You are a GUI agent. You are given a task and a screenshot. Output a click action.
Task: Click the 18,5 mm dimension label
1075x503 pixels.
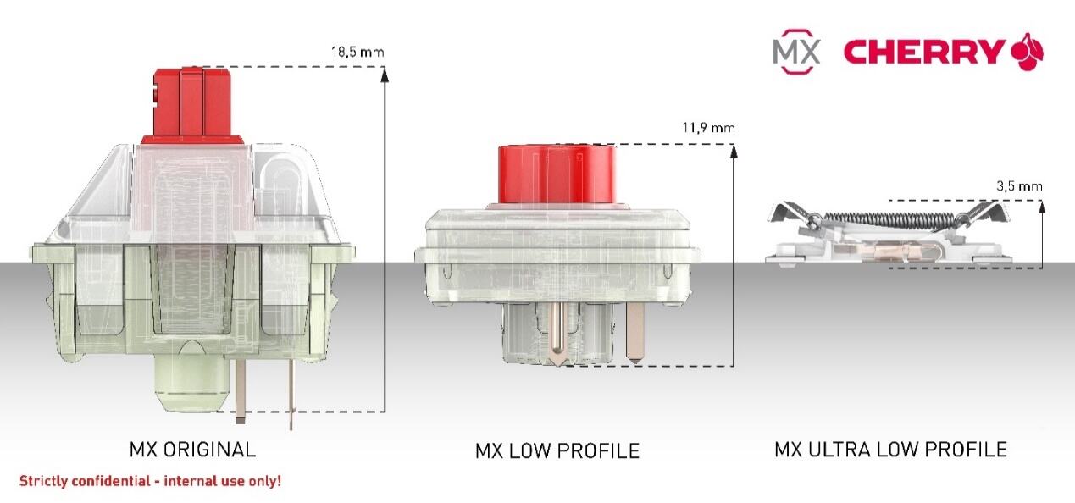click(x=357, y=52)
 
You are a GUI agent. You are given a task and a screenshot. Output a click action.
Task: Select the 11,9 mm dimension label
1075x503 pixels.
click(x=708, y=128)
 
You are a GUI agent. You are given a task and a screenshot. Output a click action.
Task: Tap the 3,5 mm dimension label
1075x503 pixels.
click(x=1019, y=186)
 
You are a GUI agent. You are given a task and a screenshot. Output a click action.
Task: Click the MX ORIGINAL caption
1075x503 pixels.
click(x=192, y=450)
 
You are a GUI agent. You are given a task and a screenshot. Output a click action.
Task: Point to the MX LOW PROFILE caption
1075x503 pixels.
click(x=557, y=450)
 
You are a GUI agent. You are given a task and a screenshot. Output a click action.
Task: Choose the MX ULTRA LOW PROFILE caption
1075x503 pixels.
click(x=890, y=450)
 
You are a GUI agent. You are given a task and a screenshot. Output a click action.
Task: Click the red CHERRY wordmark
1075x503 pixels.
click(x=924, y=52)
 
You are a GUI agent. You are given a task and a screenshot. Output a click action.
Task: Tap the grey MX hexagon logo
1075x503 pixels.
click(x=796, y=52)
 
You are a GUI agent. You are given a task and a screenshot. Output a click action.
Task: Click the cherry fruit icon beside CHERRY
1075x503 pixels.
click(x=1028, y=52)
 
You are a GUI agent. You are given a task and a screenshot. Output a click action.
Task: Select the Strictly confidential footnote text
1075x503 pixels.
click(x=150, y=481)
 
